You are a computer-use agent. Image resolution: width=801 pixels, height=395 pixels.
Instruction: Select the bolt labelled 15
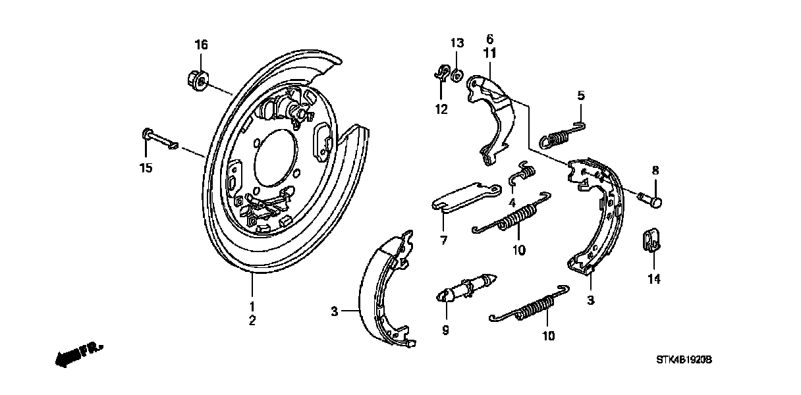point(158,139)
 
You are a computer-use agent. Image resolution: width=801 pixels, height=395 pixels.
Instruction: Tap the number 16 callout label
point(201,45)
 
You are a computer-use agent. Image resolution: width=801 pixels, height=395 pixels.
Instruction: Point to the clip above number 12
point(442,73)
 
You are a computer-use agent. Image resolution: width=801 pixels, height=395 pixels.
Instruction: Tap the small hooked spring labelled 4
point(524,174)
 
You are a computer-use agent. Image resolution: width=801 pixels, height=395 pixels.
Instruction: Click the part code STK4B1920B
point(685,361)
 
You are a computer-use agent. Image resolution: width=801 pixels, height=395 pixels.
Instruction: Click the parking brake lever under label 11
point(490,118)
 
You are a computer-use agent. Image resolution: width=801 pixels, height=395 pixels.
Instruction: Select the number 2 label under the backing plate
point(252,321)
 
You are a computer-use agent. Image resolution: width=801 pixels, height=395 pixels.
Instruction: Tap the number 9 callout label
point(445,330)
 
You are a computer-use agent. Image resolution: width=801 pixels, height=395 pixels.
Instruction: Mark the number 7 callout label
point(444,241)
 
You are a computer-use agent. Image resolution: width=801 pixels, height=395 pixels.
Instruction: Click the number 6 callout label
point(489,39)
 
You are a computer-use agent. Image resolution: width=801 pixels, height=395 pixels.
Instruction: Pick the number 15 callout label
point(146,168)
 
